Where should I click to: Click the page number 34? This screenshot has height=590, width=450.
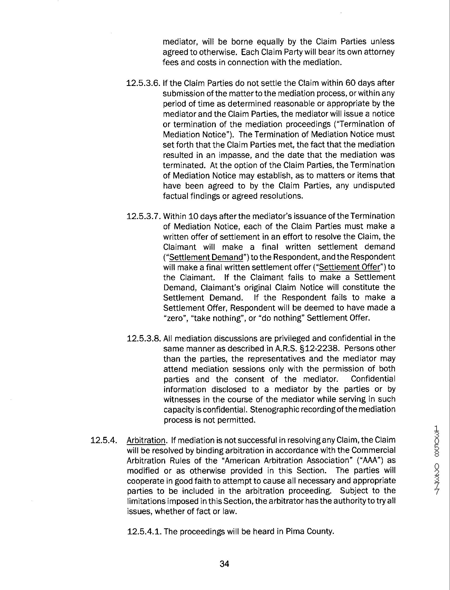(x=224, y=564)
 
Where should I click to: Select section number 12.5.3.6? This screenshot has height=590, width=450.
(x=143, y=83)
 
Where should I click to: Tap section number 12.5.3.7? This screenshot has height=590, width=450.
(x=143, y=216)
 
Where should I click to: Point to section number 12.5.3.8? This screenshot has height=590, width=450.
(x=143, y=338)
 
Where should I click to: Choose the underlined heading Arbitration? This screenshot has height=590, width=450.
(x=146, y=440)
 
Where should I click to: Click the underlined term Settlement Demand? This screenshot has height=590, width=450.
(x=206, y=257)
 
